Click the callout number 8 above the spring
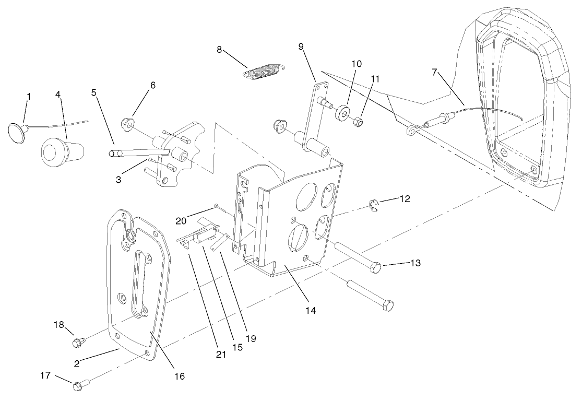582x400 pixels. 220,50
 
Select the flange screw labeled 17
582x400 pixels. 79,387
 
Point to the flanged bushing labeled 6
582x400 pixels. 127,124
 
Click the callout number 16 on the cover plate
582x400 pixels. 180,375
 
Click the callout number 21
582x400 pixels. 221,354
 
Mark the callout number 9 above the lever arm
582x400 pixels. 301,46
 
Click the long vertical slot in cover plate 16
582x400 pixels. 139,282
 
